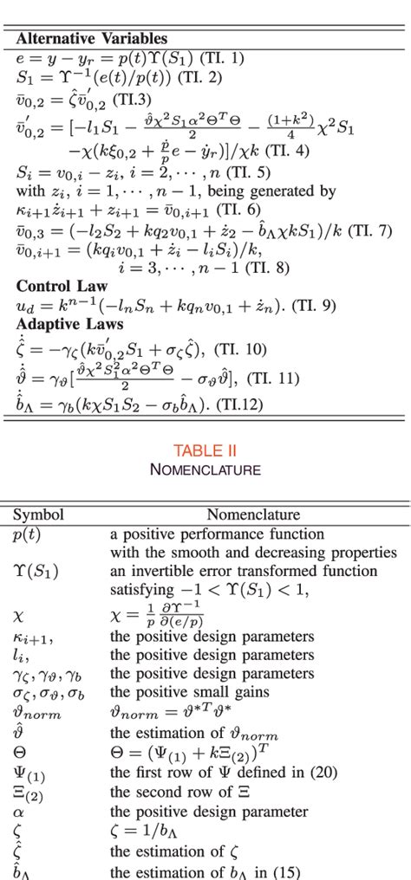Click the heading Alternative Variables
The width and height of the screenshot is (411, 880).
(92, 39)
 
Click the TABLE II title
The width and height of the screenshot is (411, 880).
(205, 450)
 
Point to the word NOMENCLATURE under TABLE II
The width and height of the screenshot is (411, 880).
(205, 469)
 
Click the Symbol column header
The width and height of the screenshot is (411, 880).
(38, 514)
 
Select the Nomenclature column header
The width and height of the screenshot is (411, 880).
(253, 514)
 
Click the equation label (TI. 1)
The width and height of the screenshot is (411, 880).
(222, 58)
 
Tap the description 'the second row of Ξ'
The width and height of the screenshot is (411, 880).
(177, 794)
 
